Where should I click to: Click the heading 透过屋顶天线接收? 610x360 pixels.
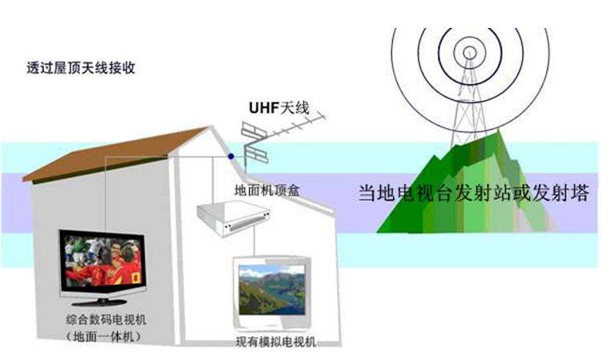81,68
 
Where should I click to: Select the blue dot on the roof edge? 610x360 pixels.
231,156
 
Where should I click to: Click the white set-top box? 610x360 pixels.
232,216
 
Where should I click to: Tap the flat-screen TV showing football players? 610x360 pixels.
102,261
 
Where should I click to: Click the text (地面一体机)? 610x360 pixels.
108,337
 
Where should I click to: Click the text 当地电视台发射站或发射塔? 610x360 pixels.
472,194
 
